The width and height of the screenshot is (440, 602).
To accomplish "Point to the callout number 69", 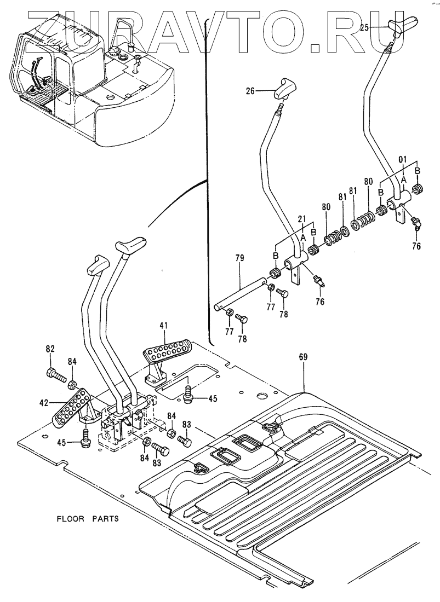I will [303, 357].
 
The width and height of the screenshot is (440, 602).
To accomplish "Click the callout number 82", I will [50, 349].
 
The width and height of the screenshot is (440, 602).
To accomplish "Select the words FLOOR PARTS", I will [88, 518].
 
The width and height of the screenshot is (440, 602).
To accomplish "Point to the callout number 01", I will [403, 159].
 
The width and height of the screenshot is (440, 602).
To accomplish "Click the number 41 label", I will [163, 325].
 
